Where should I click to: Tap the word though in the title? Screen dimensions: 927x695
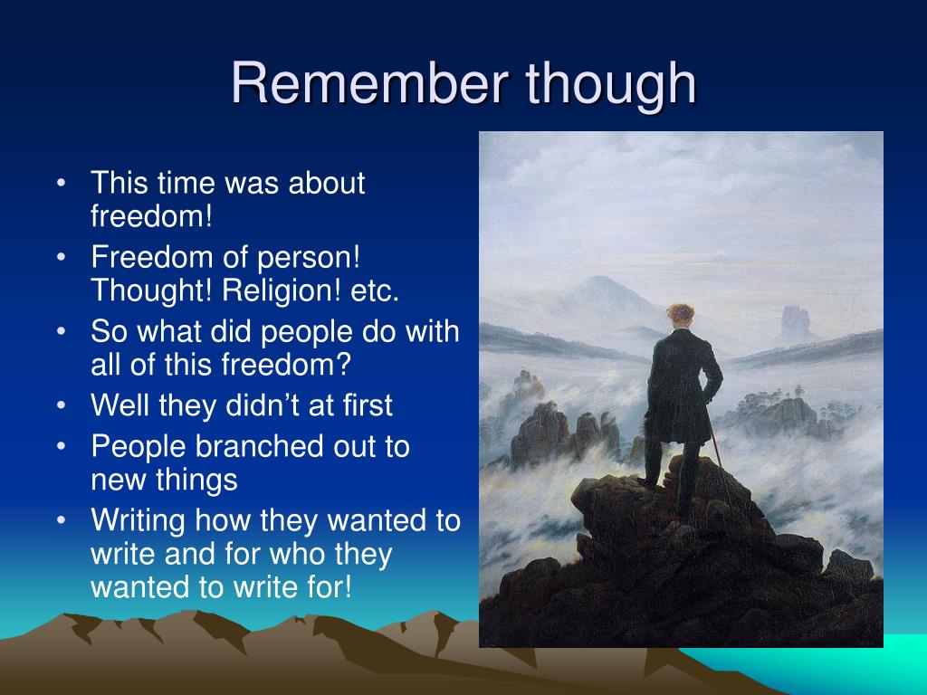[x=611, y=85]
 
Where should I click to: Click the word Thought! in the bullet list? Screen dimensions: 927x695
[x=151, y=290]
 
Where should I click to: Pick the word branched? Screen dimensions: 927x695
[x=260, y=445]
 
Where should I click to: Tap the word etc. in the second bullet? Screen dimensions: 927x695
[x=375, y=291]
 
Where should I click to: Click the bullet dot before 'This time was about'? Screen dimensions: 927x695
[x=61, y=183]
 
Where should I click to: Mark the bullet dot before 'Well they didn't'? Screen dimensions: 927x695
[x=61, y=406]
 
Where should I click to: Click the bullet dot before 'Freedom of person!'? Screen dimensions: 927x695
[x=61, y=257]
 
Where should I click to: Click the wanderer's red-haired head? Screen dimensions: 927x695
[x=681, y=317]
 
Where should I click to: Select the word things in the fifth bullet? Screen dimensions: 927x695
[x=202, y=480]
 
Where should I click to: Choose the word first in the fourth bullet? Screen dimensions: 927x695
[x=368, y=405]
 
